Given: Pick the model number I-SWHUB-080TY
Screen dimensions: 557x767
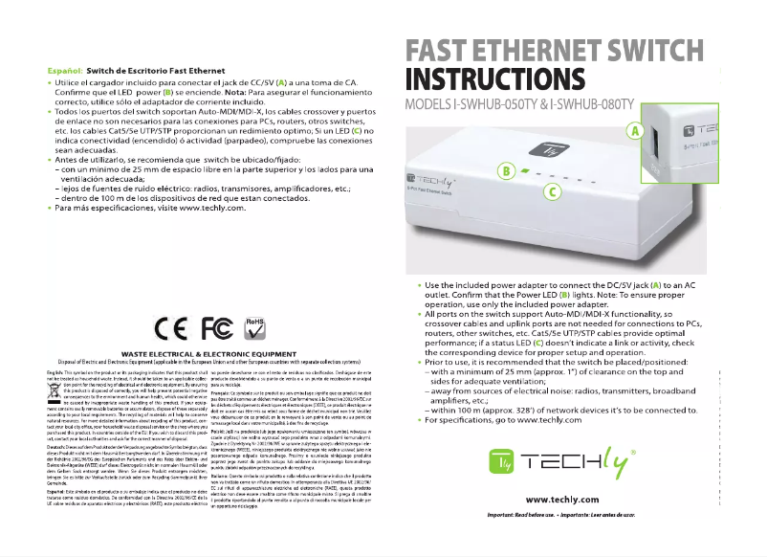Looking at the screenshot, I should [612, 104].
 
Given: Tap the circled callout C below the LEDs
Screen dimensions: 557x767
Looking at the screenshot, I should [551, 191].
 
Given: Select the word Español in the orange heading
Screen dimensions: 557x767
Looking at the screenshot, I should [64, 71].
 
